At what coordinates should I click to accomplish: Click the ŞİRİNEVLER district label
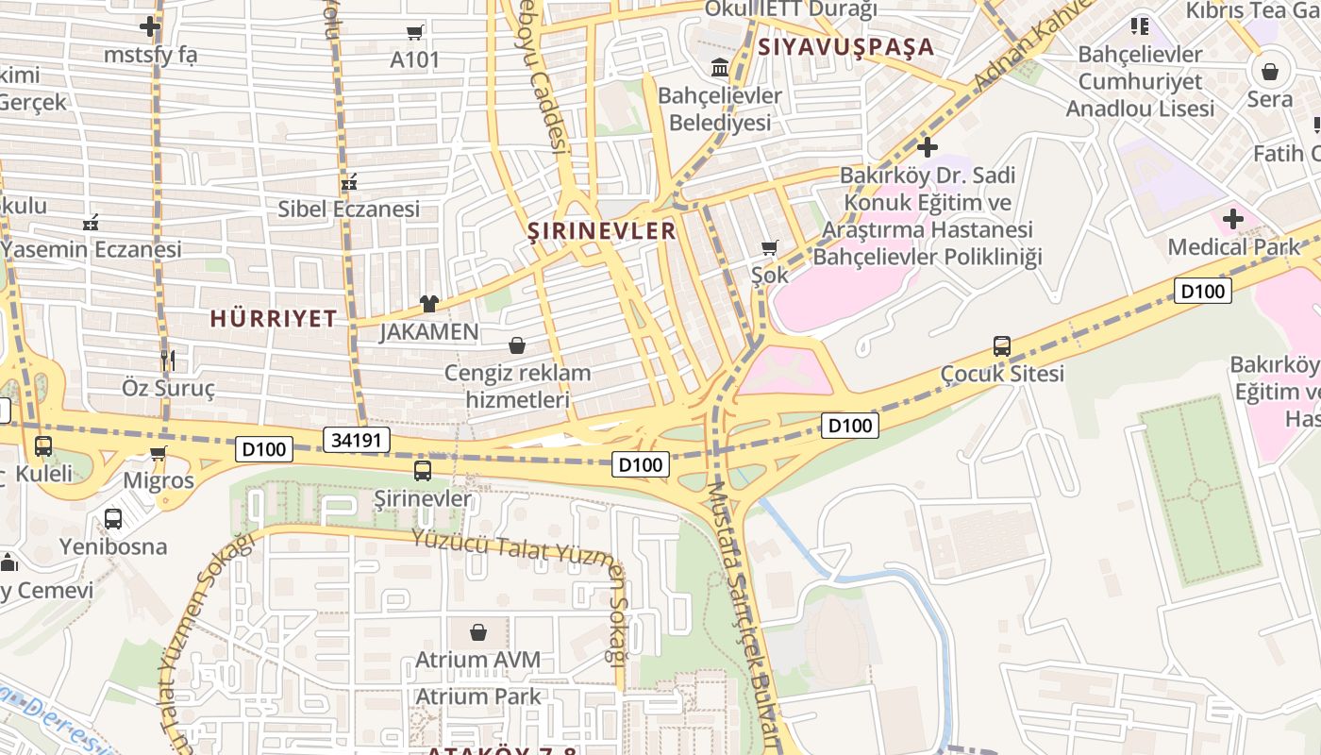(x=601, y=231)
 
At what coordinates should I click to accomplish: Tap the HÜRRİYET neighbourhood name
(x=274, y=319)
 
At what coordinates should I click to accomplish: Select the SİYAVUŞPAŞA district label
(x=846, y=47)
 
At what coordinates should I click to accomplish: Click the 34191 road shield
(x=357, y=439)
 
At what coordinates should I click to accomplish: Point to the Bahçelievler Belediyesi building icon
(x=720, y=67)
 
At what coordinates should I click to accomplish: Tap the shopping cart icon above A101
(x=414, y=33)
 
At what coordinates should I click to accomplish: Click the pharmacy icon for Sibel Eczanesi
(x=349, y=181)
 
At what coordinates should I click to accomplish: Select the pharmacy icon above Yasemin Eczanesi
(x=91, y=223)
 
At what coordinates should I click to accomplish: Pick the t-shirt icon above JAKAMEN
(x=429, y=304)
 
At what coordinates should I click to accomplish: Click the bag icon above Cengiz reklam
(x=517, y=345)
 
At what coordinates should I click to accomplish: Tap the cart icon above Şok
(x=769, y=248)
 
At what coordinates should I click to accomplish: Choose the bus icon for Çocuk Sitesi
(x=1002, y=346)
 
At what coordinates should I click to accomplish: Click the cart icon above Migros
(x=159, y=454)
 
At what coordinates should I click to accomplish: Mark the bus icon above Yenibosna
(x=113, y=518)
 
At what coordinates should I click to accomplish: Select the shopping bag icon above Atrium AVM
(x=478, y=631)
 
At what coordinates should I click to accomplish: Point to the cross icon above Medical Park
(x=1232, y=220)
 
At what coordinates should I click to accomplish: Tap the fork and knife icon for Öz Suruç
(x=168, y=361)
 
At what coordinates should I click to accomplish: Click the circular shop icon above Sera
(x=1270, y=72)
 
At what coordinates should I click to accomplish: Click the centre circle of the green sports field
(x=1199, y=491)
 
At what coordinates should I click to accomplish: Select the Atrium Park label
(x=478, y=696)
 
